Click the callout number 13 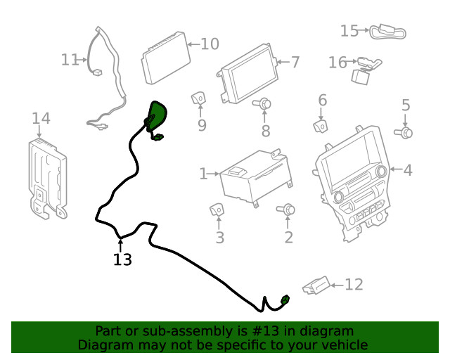pyautogui.click(x=122, y=259)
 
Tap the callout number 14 pyautogui.click(x=41, y=118)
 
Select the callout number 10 pyautogui.click(x=210, y=44)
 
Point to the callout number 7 pyautogui.click(x=295, y=62)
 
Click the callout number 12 pyautogui.click(x=354, y=285)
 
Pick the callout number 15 pyautogui.click(x=349, y=31)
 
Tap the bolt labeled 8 pyautogui.click(x=263, y=103)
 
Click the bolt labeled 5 pyautogui.click(x=404, y=133)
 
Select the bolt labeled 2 pyautogui.click(x=286, y=210)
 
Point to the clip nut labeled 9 pyautogui.click(x=198, y=98)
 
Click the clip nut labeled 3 pyautogui.click(x=217, y=210)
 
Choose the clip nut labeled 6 pyautogui.click(x=320, y=127)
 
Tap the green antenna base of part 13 pyautogui.click(x=156, y=115)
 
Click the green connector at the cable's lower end pyautogui.click(x=285, y=300)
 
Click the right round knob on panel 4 pyautogui.click(x=382, y=171)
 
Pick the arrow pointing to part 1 pyautogui.click(x=213, y=174)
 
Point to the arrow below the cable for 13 pyautogui.click(x=120, y=246)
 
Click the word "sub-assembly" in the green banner pyautogui.click(x=195, y=331)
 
